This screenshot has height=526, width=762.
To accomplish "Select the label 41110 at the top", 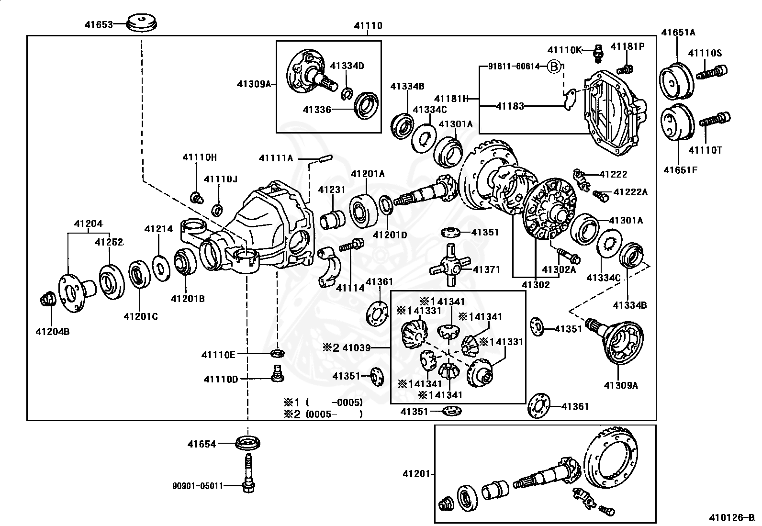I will pyautogui.click(x=368, y=26).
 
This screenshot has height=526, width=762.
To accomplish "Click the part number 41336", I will pyautogui.click(x=316, y=110).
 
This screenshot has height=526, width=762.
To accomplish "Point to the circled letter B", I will pyautogui.click(x=553, y=67).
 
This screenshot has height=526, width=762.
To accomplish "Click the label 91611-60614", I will pyautogui.click(x=514, y=67).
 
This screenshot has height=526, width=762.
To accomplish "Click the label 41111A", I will pyautogui.click(x=276, y=158).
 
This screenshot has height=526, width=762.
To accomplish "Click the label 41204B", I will pyautogui.click(x=52, y=331).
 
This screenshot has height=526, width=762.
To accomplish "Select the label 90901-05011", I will pyautogui.click(x=198, y=486).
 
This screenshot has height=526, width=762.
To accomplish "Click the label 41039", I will pyautogui.click(x=356, y=348).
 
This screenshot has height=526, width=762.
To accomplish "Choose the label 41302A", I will pyautogui.click(x=559, y=269).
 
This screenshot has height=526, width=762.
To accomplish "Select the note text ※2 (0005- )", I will pyautogui.click(x=323, y=414).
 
